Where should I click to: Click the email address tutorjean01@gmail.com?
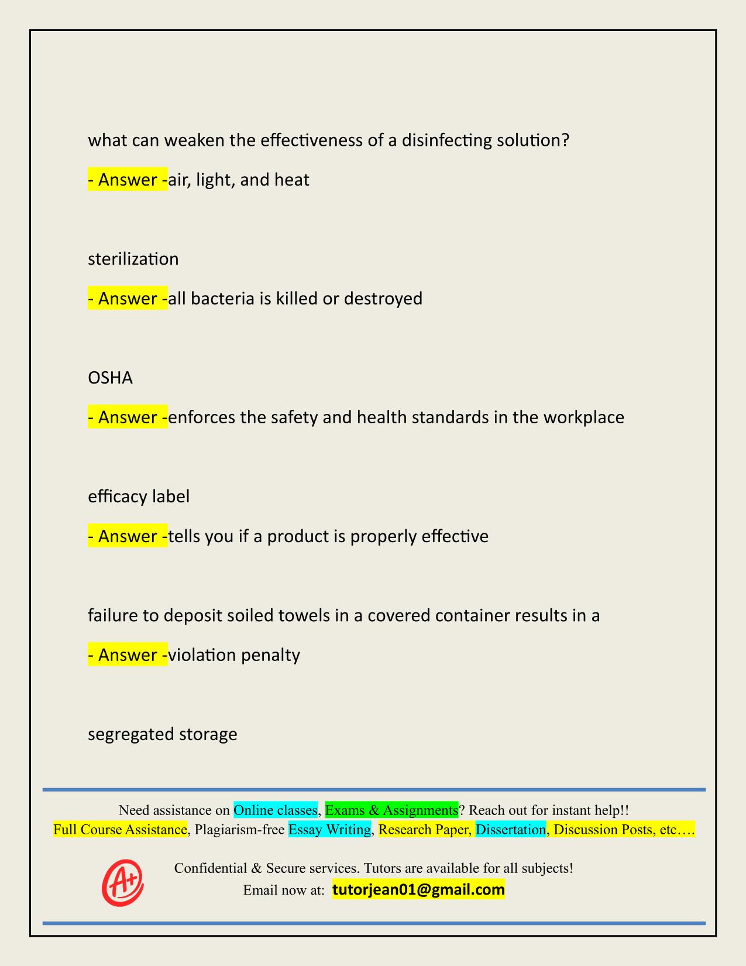pyautogui.click(x=418, y=890)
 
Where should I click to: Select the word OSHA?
pyautogui.click(x=110, y=378)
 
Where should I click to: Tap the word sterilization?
pyautogui.click(x=133, y=259)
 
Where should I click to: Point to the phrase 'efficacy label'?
pyautogui.click(x=139, y=496)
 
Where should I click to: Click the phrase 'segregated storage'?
pyautogui.click(x=163, y=734)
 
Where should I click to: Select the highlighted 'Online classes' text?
pyautogui.click(x=276, y=810)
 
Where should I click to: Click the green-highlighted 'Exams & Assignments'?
pyautogui.click(x=391, y=810)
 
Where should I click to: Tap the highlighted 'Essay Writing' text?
pyautogui.click(x=330, y=830)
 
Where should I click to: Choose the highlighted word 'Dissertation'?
pyautogui.click(x=511, y=830)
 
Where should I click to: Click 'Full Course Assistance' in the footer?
pyautogui.click(x=120, y=830)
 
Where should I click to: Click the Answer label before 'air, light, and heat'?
pyautogui.click(x=128, y=179)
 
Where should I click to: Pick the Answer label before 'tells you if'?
pyautogui.click(x=128, y=536)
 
